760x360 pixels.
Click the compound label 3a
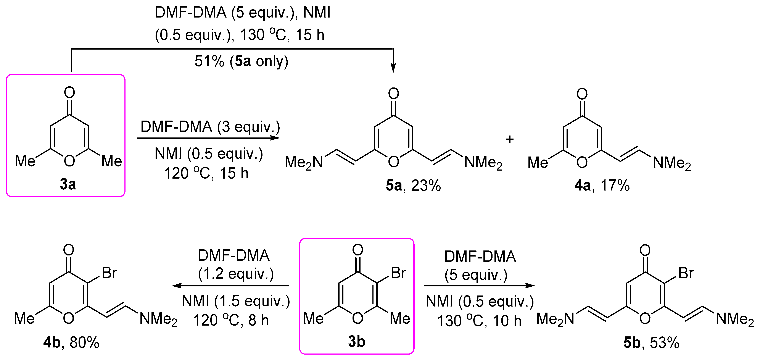tap(68, 184)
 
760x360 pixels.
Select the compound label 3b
tap(357, 341)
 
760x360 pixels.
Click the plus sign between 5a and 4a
tap(510, 139)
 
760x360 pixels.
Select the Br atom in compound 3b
tap(398, 273)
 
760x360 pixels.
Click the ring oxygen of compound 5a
tap(394, 161)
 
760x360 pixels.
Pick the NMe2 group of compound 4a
tap(672, 163)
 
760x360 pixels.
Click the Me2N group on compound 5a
tap(304, 163)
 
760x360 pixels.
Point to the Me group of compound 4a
tap(538, 163)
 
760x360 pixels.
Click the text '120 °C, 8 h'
tap(231, 320)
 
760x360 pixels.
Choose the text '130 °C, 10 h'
tap(479, 321)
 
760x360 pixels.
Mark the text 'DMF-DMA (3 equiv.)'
tap(210, 127)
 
